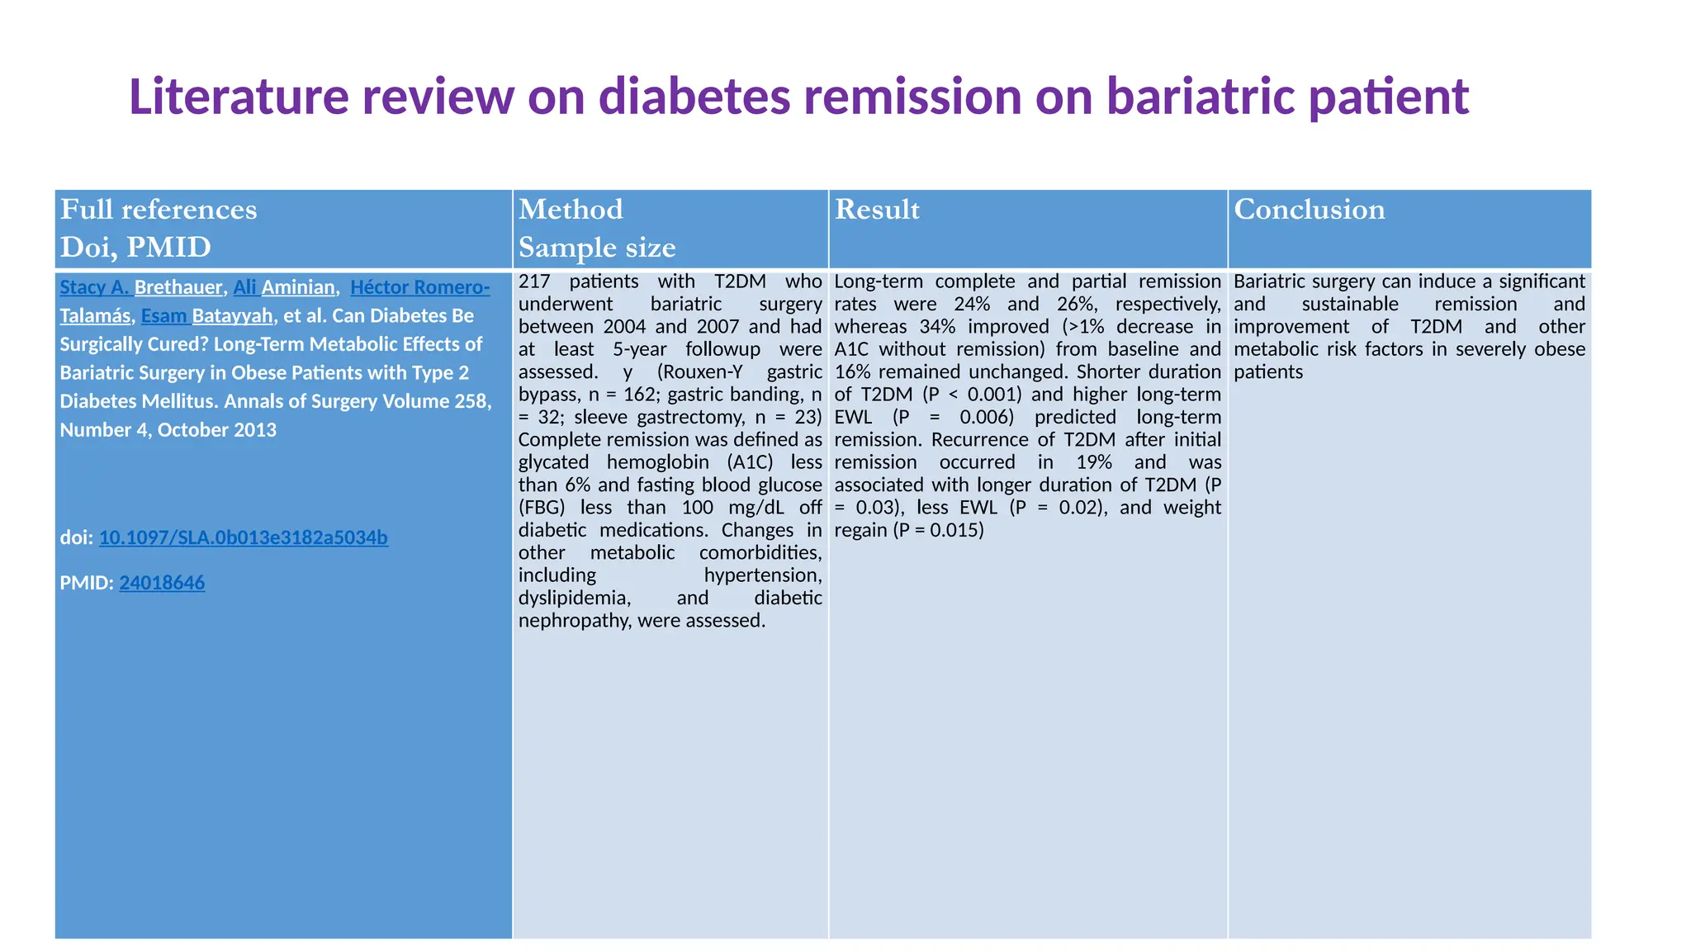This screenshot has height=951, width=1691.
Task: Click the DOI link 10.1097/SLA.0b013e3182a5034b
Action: pyautogui.click(x=243, y=537)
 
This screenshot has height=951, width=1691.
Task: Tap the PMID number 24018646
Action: pyautogui.click(x=162, y=583)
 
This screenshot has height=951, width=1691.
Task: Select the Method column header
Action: pyautogui.click(x=571, y=210)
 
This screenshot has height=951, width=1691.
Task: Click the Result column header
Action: pyautogui.click(x=877, y=210)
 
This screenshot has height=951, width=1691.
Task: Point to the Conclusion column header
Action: pyautogui.click(x=1309, y=210)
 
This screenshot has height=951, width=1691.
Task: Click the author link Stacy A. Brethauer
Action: pyautogui.click(x=141, y=287)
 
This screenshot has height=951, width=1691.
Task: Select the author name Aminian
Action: pyautogui.click(x=297, y=287)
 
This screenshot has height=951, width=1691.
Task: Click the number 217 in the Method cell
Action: pyautogui.click(x=534, y=282)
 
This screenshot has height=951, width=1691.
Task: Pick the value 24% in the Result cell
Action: pyautogui.click(x=972, y=305)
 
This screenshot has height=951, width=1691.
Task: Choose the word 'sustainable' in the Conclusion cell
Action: pyautogui.click(x=1350, y=305)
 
